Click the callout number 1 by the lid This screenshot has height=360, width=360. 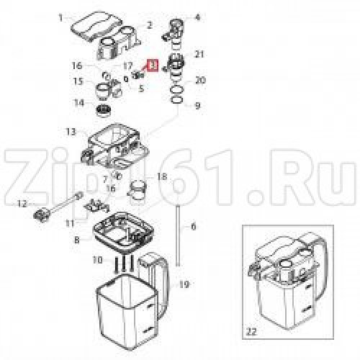(61, 18)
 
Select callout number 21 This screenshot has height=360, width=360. (199, 55)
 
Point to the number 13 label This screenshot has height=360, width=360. (71, 132)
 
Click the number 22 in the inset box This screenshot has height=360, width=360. (251, 332)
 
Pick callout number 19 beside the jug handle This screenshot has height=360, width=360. (184, 285)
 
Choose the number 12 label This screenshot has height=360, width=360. (22, 204)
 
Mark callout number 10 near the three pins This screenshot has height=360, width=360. (97, 260)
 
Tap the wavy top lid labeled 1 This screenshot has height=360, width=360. (96, 27)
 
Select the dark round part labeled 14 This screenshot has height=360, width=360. (104, 111)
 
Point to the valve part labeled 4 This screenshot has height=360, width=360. (174, 30)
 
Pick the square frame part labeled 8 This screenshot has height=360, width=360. (124, 229)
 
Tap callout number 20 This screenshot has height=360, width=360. (200, 81)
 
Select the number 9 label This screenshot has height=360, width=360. (197, 106)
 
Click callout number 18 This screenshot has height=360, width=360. (162, 177)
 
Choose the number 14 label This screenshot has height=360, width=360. (79, 103)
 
